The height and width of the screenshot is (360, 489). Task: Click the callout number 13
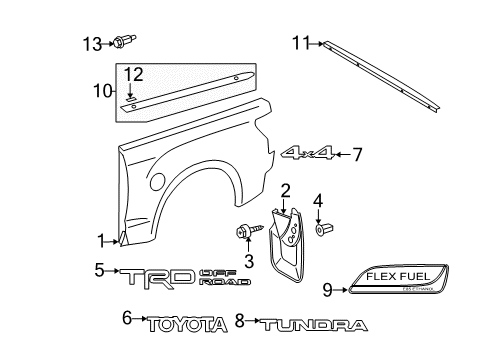tap(92, 42)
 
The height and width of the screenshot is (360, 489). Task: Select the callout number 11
tap(300, 42)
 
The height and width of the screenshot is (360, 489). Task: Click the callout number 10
tap(101, 92)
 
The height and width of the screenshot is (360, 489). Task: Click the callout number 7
tap(356, 154)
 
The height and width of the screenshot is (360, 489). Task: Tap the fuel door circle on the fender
tap(157, 182)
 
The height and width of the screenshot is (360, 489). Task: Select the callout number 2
tap(285, 190)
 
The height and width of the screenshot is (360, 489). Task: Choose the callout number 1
tap(101, 239)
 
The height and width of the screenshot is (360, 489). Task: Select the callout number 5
tap(100, 269)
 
